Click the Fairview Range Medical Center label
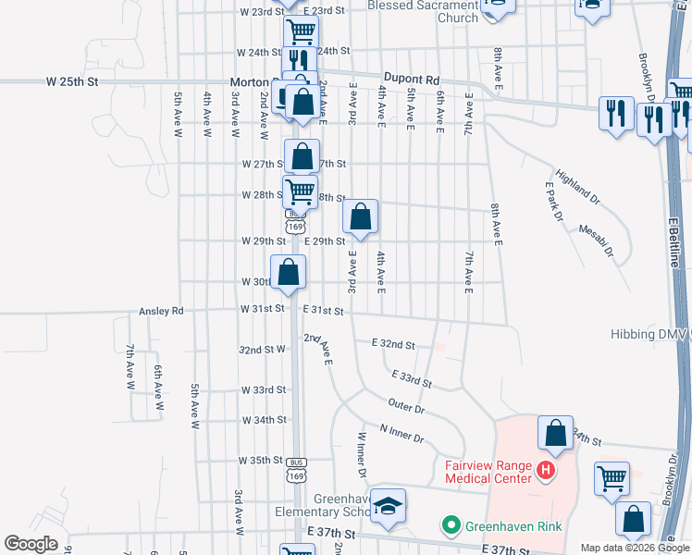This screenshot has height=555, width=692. tap(488, 472)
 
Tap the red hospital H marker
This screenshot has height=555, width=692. tap(546, 472)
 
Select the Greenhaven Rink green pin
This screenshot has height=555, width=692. tap(451, 526)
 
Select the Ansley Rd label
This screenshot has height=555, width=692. tap(162, 312)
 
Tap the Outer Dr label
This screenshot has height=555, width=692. tap(406, 407)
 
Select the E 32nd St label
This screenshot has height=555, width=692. tap(392, 344)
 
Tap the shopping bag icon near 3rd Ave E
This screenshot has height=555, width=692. tap(361, 217)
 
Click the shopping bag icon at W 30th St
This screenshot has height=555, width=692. tap(289, 272)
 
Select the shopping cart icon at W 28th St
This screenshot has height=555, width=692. tap(301, 191)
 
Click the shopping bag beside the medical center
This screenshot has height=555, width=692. tap(555, 432)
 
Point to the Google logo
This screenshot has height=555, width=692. tap(31, 544)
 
